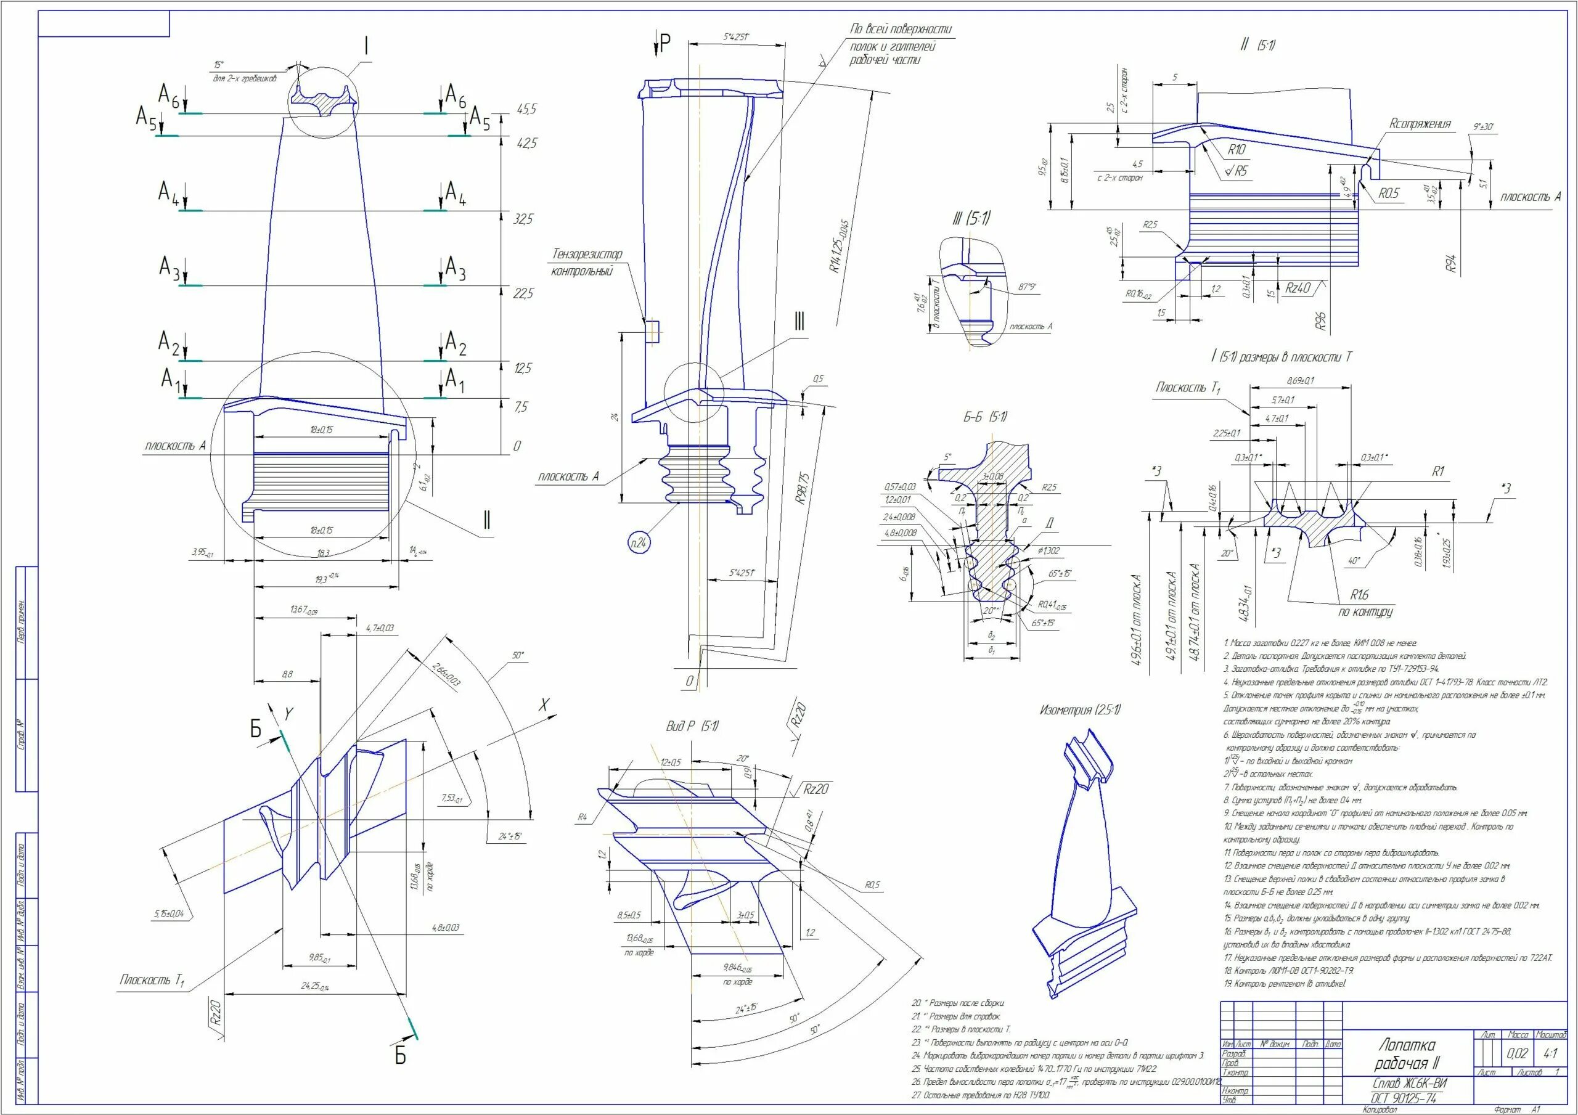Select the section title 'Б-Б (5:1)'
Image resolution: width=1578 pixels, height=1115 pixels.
coord(984,417)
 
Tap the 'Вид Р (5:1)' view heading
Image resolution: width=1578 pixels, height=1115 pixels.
coord(692,727)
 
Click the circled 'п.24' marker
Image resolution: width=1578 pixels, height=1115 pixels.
coord(639,544)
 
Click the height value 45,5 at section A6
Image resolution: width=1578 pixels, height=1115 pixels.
coord(526,109)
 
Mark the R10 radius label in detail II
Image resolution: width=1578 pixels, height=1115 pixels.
coord(1237,150)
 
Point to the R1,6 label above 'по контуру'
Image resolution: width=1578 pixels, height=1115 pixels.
coord(1359,595)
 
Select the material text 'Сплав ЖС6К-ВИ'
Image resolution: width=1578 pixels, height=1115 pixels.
coord(1405,1083)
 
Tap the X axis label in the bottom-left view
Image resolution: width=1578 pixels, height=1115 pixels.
coord(544,705)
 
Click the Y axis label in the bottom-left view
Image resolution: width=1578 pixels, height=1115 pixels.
coord(288,715)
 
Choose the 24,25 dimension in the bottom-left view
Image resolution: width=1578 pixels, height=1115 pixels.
coord(315,986)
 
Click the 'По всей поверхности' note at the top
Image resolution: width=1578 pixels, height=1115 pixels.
coord(901,30)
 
